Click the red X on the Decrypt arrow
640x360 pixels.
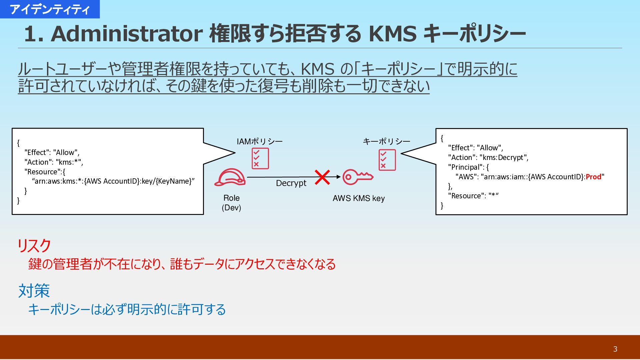(x=322, y=177)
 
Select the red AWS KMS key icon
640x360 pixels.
(x=358, y=177)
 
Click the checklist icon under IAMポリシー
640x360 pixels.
(x=260, y=159)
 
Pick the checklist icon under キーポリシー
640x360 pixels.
(x=387, y=160)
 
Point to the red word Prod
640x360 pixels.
(x=593, y=177)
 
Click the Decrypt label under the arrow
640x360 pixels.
(x=291, y=183)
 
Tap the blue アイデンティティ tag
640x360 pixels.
(x=50, y=9)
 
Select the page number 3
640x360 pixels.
(x=615, y=349)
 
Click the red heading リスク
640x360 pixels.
(x=34, y=246)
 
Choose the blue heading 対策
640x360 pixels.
(x=34, y=290)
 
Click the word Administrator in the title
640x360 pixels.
(x=126, y=34)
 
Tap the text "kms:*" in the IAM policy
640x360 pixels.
(x=69, y=162)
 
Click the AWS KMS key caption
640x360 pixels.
(x=359, y=198)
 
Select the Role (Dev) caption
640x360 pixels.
(x=231, y=203)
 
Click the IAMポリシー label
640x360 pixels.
(x=259, y=141)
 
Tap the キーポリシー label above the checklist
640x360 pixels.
(x=386, y=141)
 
